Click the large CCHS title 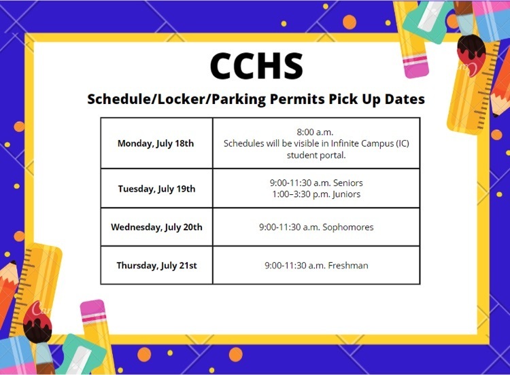[x=256, y=66]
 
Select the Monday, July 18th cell [x=156, y=143]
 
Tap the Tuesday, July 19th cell [x=156, y=188]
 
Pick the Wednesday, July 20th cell [x=156, y=227]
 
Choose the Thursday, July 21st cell [x=156, y=266]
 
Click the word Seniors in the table [x=347, y=183]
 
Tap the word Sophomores [x=347, y=227]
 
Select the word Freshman [x=348, y=266]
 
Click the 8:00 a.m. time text [x=315, y=132]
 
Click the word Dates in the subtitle [x=405, y=99]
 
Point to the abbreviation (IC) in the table [x=403, y=143]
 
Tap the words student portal [x=316, y=155]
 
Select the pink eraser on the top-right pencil [x=415, y=65]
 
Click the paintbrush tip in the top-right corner [x=471, y=54]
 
